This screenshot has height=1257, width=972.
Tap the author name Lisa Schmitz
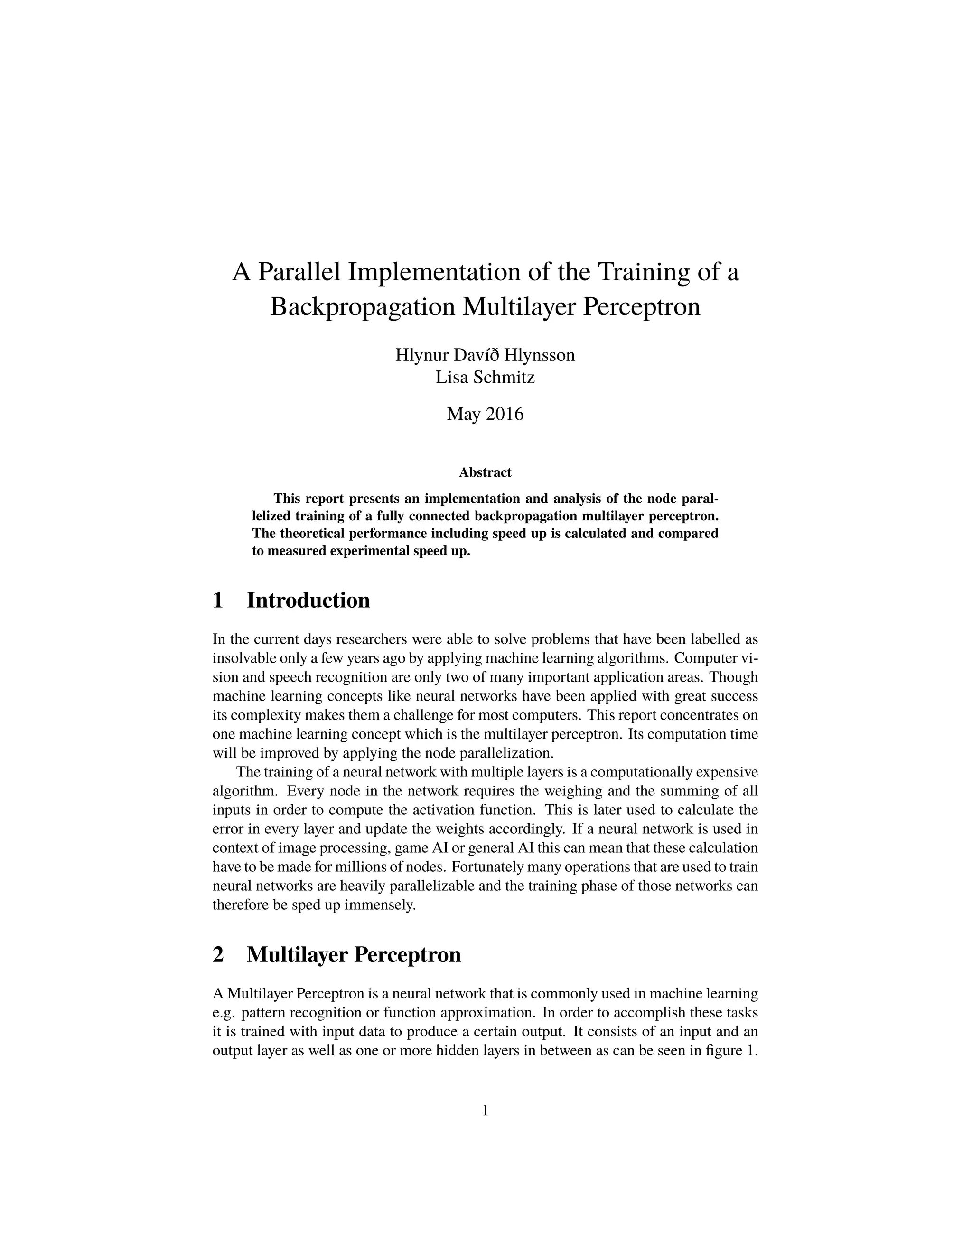coord(485,378)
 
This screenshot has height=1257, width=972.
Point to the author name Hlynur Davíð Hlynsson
coord(485,355)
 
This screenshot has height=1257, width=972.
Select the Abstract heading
coord(485,472)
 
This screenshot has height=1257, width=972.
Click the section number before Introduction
coord(218,601)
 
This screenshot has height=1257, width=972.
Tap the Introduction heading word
coord(308,601)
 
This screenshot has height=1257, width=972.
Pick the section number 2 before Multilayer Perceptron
coord(218,955)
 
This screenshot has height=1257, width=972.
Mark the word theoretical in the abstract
coord(311,533)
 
